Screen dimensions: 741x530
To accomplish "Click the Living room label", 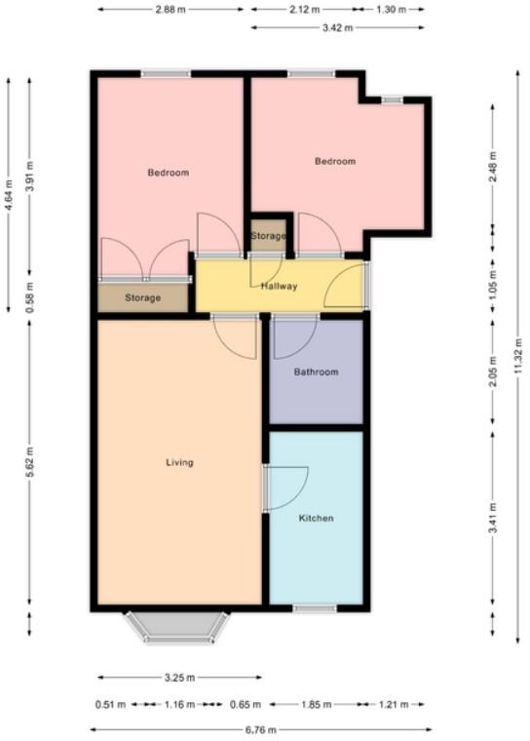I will point(179,462).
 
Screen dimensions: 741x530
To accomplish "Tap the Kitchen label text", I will point(316,518).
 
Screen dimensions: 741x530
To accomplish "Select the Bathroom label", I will point(316,371).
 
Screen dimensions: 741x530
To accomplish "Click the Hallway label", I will point(279,286).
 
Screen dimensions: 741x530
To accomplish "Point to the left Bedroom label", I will point(168,173).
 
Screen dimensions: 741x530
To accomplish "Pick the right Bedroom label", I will point(335,161).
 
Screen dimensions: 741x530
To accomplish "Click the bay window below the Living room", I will point(177,629).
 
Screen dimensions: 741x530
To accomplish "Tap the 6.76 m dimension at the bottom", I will point(260,729).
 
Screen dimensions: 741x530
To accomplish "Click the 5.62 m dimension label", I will point(29,462).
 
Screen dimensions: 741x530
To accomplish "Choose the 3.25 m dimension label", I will point(179,678).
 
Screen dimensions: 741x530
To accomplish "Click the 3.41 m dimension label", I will point(494,517).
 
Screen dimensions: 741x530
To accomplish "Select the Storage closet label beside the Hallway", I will point(269,237).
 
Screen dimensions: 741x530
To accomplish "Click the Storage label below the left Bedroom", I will point(142,297).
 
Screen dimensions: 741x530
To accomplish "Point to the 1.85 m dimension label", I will point(316,703).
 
